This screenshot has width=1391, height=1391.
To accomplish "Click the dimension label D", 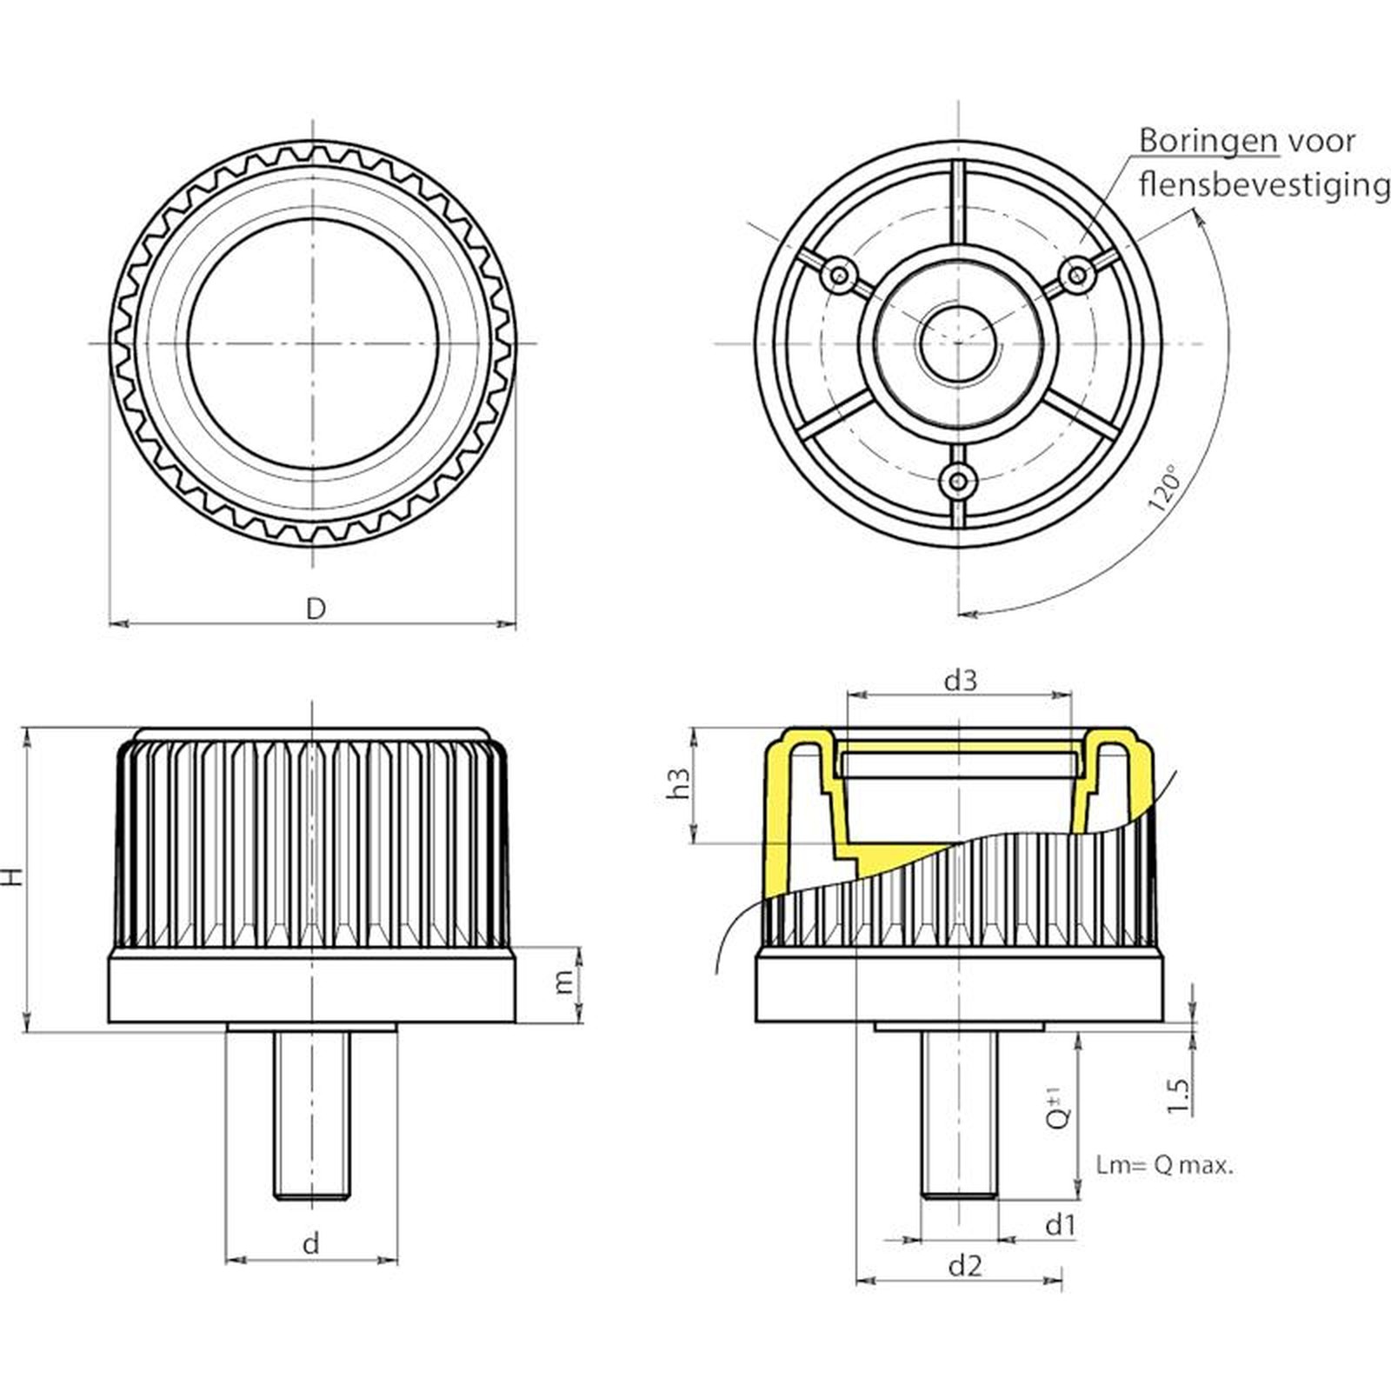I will tap(316, 608).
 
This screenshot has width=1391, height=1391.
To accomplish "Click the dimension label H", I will tap(12, 876).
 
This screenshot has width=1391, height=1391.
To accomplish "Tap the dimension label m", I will tap(565, 982).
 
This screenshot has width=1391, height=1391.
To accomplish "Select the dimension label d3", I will tap(960, 680).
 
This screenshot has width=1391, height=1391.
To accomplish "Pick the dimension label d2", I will tap(964, 1265).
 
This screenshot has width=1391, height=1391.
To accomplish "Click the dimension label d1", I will tap(1060, 1225).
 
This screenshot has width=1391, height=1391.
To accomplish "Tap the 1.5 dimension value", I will tap(1178, 1096).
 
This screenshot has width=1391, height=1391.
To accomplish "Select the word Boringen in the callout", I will tap(1208, 141).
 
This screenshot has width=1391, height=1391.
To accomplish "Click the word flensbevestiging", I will tap(1263, 184).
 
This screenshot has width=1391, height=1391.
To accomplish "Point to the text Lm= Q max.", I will tap(1164, 1166).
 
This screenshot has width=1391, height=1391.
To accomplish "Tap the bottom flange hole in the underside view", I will tap(958, 480).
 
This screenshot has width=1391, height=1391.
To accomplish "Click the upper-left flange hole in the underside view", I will tap(840, 276).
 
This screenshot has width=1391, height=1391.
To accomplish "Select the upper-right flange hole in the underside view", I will tap(1076, 276).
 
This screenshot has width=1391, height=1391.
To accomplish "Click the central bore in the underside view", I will tap(958, 343).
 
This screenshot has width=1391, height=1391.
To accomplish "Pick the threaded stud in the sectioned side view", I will tap(960, 1114).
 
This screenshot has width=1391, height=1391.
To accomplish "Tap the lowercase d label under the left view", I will tap(310, 1243).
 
